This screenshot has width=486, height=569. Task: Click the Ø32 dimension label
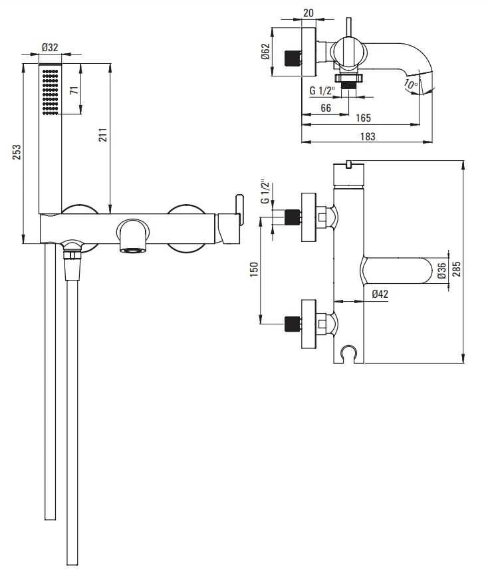tap(50, 48)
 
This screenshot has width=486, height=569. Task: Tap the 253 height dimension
tap(17, 152)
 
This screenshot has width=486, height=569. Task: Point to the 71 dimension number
tap(74, 90)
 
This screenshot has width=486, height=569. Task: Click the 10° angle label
tap(410, 84)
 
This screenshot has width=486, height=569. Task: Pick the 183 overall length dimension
tap(368, 136)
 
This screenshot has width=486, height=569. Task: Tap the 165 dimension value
tap(363, 118)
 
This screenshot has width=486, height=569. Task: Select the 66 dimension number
tap(326, 108)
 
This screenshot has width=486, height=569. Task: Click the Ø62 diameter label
tap(265, 51)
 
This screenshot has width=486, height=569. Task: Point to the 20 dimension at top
tap(308, 13)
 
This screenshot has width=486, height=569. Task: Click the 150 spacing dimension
tap(254, 269)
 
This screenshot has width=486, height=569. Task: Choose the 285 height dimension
tap(457, 269)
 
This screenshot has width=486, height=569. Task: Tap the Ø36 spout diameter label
tap(441, 271)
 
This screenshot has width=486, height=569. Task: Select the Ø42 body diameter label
tap(380, 294)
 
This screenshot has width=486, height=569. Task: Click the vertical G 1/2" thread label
tap(265, 191)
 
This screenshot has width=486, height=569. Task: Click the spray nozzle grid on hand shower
tap(51, 92)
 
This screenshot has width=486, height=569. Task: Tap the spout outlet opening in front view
tap(132, 251)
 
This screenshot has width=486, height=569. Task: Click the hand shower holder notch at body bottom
tap(349, 353)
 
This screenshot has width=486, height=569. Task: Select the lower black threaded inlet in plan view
tap(293, 324)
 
